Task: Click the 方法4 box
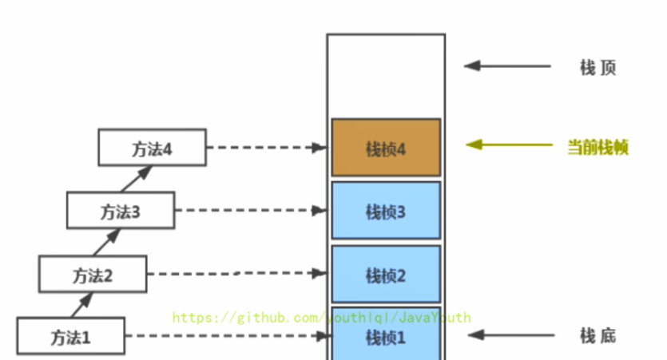point(152,148)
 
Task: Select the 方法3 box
point(120,212)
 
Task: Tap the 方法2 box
point(93,275)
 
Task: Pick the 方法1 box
point(71,337)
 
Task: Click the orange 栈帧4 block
point(386,148)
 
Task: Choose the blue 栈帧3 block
point(386,211)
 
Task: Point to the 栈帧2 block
point(386,275)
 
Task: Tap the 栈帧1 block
point(386,335)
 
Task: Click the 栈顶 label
point(598,67)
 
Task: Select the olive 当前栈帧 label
point(598,147)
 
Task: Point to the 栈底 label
point(598,335)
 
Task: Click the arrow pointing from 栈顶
point(507,66)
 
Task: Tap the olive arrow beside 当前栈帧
point(509,145)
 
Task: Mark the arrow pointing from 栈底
point(509,335)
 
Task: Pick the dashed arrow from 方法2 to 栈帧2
point(236,274)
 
